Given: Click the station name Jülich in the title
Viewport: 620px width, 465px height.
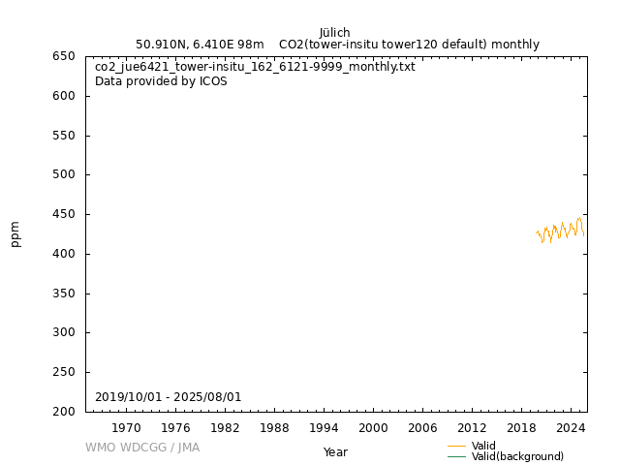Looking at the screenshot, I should click(x=334, y=32).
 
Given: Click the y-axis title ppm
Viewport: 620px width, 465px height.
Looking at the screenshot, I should click(x=15, y=233).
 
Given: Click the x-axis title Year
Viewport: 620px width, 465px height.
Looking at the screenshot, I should click(x=335, y=451).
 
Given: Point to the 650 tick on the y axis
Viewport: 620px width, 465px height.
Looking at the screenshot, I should click(x=64, y=56).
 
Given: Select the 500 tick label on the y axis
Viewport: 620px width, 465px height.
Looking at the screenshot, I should click(x=64, y=175).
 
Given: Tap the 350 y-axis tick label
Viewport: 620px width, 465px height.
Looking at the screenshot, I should click(x=64, y=294).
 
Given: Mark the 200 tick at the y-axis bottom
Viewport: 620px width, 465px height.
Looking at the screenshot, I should click(x=64, y=412).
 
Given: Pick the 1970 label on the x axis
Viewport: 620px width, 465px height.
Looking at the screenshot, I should click(x=126, y=427).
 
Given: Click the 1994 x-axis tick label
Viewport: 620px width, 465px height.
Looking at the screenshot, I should click(x=324, y=427).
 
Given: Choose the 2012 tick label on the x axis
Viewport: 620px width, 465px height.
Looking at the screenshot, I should click(x=472, y=427).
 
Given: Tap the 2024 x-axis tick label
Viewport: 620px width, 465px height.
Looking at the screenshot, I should click(x=571, y=427).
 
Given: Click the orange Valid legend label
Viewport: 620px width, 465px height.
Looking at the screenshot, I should click(x=483, y=446).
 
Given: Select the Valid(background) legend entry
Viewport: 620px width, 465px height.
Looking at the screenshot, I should click(x=517, y=456).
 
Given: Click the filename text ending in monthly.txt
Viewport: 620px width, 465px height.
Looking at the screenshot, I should click(x=255, y=67).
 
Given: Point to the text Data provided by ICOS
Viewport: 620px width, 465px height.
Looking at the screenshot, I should click(x=161, y=81).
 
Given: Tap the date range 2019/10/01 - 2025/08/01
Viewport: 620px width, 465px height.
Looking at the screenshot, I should click(x=168, y=397).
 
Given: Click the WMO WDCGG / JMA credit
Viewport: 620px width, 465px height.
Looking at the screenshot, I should click(x=142, y=448).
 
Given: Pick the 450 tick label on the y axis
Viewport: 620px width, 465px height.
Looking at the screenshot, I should click(x=64, y=214).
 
